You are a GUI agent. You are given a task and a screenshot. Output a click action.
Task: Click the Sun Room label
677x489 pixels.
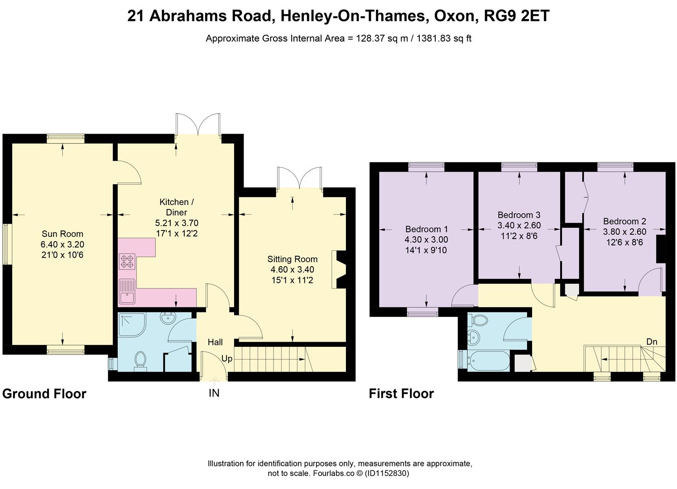pos(62,234)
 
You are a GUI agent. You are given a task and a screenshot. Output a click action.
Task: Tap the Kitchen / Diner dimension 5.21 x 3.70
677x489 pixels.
pos(177,223)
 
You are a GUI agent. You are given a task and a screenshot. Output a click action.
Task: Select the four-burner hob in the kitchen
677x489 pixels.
pos(127,261)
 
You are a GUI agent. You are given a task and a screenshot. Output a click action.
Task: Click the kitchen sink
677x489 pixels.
pos(126,292)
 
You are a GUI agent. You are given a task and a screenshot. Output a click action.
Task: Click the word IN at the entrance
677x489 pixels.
pos(214,393)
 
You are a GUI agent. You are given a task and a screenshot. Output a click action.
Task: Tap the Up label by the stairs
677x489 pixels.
pos(227,359)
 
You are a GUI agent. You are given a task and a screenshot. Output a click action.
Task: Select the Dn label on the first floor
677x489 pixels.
pos(651,342)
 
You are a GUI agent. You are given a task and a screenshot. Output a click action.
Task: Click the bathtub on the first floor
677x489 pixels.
pos(489,361)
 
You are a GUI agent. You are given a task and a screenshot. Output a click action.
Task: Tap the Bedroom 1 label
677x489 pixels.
pos(426,229)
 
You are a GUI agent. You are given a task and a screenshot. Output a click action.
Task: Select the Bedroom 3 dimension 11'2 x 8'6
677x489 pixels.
pos(519,236)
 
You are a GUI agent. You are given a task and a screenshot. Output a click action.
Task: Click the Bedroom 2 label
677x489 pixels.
pos(624,221)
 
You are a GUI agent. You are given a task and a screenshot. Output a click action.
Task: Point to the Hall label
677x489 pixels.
pos(215,343)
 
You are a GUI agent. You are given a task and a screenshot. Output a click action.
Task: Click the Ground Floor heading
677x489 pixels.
pos(44,393)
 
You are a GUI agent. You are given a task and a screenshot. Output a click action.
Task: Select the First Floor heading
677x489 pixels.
pos(401,393)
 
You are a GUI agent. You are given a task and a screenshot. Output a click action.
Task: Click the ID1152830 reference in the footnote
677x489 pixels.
pos(387,474)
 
